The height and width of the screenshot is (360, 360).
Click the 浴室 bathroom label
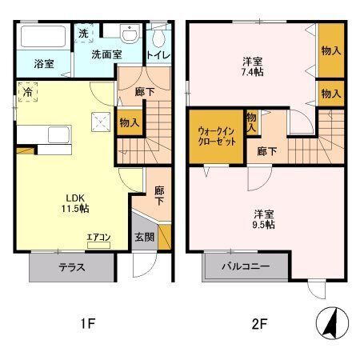tap(44, 63)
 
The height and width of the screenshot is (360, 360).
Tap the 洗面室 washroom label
tap(106, 55)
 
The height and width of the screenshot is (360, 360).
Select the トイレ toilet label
tap(157, 55)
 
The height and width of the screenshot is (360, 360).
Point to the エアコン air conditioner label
tap(99, 238)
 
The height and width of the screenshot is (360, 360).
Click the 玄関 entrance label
tap(145, 237)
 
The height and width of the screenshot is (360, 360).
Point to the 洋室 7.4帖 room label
tap(254, 67)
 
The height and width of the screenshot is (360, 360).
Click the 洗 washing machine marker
tap(83, 34)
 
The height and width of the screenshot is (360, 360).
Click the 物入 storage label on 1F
tap(130, 123)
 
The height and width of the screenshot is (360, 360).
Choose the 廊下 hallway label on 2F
tap(266, 150)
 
